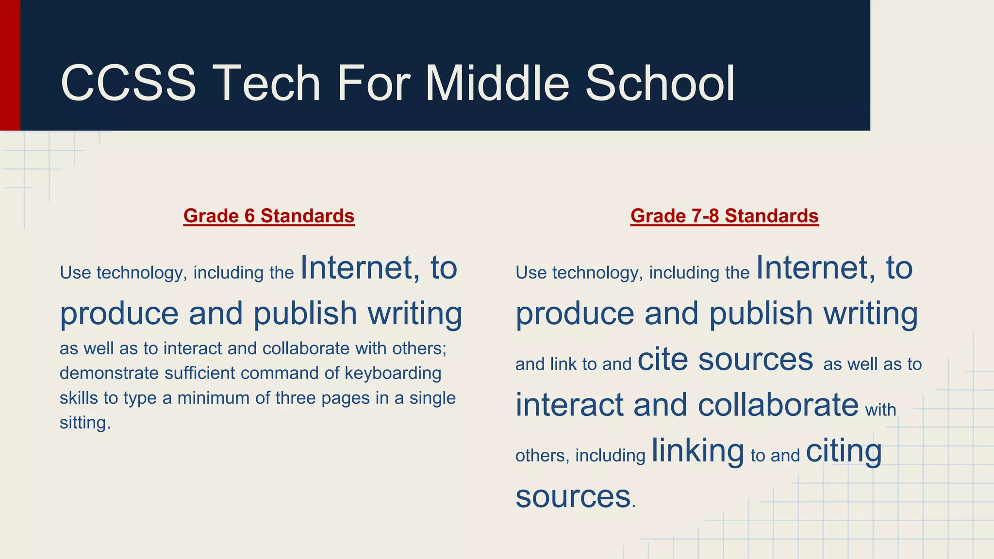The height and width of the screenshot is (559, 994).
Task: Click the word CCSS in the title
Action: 128,83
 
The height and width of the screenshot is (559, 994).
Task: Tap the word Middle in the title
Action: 497,83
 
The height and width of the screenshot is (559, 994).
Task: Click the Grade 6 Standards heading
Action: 269,216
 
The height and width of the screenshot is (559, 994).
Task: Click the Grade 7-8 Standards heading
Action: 724,216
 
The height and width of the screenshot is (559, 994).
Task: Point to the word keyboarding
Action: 393,373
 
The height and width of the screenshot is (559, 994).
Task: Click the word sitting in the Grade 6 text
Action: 83,423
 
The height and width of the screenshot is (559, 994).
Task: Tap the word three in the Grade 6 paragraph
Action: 296,398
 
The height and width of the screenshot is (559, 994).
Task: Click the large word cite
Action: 663,359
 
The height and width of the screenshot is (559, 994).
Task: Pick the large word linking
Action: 697,451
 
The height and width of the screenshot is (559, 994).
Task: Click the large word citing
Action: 844,451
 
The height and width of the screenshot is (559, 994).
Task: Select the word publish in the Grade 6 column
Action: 305,313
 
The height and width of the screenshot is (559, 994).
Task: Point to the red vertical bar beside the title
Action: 10,65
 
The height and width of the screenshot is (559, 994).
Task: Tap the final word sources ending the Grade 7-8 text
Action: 573,496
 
